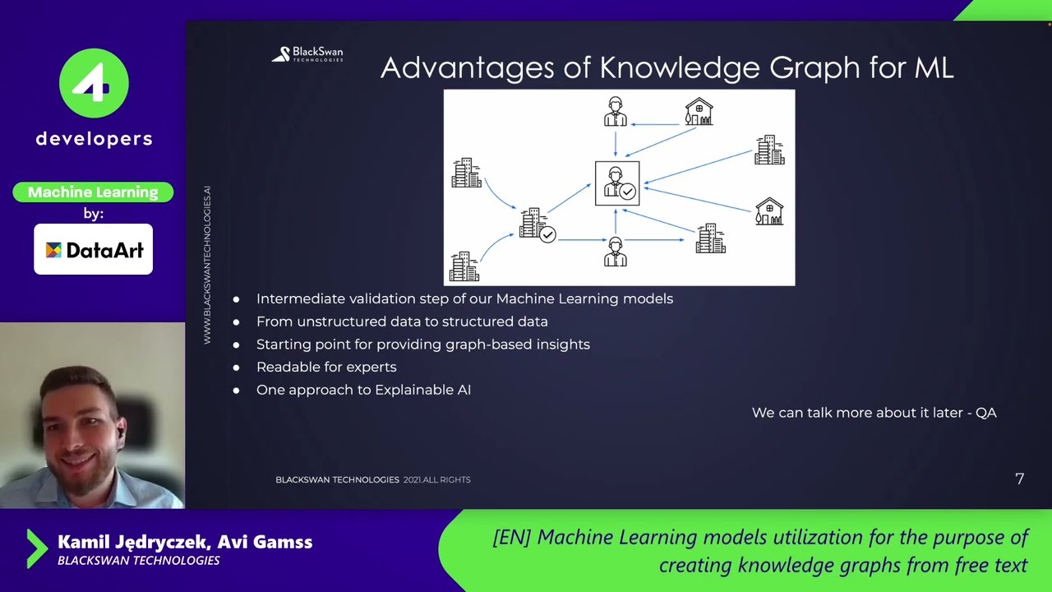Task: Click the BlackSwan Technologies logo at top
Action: pos(307,54)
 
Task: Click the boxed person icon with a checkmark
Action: pos(617,183)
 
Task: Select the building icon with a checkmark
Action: pos(537,224)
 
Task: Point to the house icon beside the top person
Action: pos(699,113)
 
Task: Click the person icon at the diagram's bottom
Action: pos(616,252)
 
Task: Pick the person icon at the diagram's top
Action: pos(616,112)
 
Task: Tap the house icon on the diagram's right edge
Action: pos(769,211)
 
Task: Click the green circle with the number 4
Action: pos(94,83)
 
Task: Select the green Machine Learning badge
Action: pos(93,192)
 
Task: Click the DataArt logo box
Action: pos(93,249)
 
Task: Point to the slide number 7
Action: pos(1020,479)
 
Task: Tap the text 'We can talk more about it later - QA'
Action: pos(874,413)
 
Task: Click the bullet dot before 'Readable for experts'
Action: pos(237,368)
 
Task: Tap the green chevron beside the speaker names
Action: pos(37,548)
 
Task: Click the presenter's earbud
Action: pos(120,431)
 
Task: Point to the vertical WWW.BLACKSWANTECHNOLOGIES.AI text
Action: pos(207,265)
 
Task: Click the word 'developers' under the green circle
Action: pos(94,139)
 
